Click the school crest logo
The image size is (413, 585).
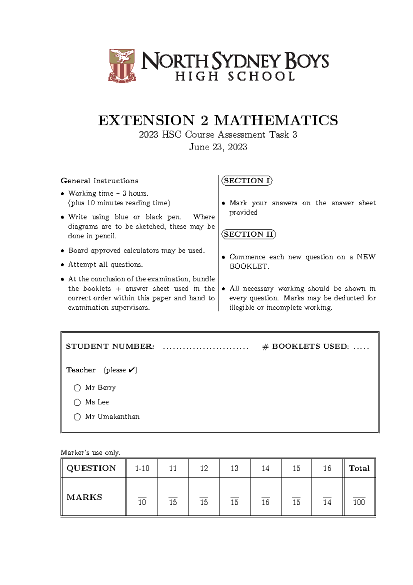pos(122,65)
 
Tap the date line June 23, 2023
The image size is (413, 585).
pos(218,147)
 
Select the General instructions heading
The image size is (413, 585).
pos(99,181)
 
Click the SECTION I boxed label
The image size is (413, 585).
pos(247,181)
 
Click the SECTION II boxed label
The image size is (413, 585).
pos(248,234)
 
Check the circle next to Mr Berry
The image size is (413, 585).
pos(77,388)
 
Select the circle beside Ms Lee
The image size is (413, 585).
pos(77,402)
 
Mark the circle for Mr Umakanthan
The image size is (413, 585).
pos(77,417)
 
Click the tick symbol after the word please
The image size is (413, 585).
pos(131,370)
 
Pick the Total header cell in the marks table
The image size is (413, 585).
pos(359,468)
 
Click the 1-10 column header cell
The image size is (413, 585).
pos(142,468)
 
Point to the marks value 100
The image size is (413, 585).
pos(359,502)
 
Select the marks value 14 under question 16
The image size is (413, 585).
pos(327,502)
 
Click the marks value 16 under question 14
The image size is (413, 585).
pos(265,502)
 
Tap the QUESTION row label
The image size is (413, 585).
pos(91,468)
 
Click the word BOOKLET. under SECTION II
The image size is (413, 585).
pos(249,267)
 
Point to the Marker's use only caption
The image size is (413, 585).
pos(90,453)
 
